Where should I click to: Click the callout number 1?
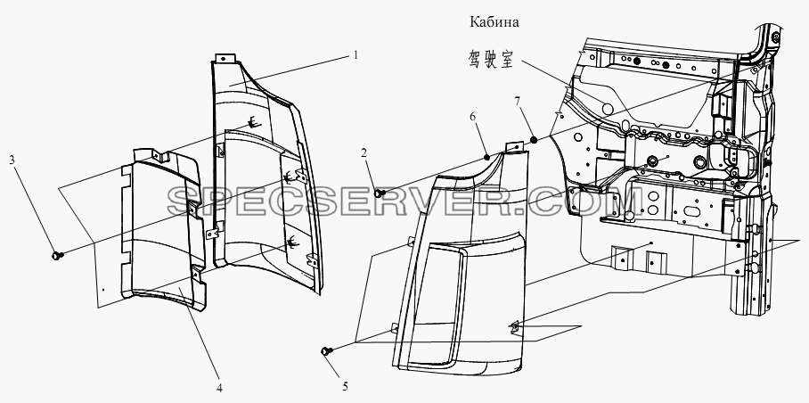click(x=355, y=54)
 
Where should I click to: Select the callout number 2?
click(x=364, y=152)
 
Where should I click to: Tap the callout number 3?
click(x=12, y=160)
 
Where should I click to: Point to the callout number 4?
click(x=220, y=388)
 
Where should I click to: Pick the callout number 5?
click(x=345, y=385)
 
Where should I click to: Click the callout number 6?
click(x=473, y=118)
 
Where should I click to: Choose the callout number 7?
click(x=518, y=101)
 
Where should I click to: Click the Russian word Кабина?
click(x=494, y=22)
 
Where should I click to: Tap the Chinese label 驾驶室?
click(x=491, y=60)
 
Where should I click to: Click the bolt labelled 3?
click(x=57, y=255)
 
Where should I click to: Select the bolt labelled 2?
click(x=380, y=193)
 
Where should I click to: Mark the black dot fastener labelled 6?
click(x=486, y=156)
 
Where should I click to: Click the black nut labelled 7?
click(x=534, y=139)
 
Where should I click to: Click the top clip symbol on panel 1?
click(x=252, y=123)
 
